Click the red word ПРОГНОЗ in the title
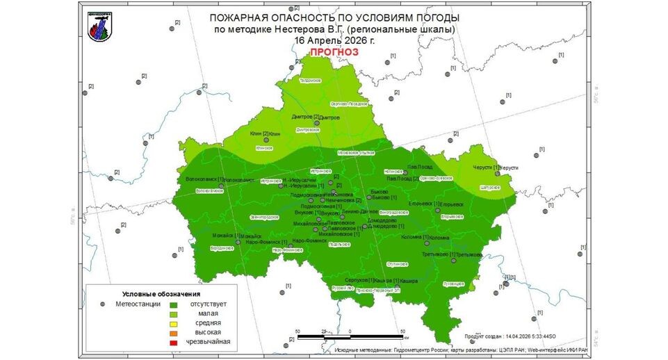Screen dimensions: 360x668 pos(330,52)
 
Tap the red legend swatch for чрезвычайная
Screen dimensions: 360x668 pos(173,342)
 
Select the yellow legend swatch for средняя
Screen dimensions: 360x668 pos(173,323)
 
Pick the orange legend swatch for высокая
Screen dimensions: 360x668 pos(173,333)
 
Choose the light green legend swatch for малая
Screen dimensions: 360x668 pos(173,313)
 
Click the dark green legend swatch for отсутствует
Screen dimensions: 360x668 pos(173,304)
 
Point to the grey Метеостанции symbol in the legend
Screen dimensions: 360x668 pos(102,304)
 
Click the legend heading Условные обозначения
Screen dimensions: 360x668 pos(152,293)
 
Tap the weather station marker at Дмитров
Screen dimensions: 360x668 pos(316,123)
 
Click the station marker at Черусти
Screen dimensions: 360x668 pos(498,174)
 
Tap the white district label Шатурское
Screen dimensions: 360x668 pos(489,188)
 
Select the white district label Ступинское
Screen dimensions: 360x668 pos(396,264)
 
